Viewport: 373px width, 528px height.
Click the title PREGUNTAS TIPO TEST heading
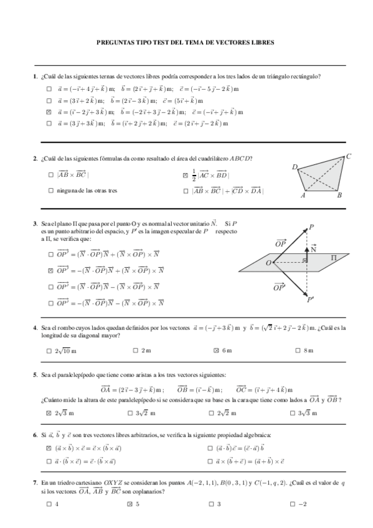click(186, 43)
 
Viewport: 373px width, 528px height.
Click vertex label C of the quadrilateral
click(349, 156)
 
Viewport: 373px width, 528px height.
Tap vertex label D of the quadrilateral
click(295, 166)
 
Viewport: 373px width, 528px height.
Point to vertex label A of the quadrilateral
click(303, 196)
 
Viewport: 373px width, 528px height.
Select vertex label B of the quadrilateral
click(339, 196)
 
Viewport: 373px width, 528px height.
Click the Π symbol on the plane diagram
click(333, 257)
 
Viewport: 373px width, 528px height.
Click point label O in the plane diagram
click(268, 264)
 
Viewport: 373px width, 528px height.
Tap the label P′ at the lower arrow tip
click(310, 300)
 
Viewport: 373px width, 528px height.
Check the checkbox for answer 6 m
click(216, 351)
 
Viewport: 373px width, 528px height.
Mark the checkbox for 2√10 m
click(49, 351)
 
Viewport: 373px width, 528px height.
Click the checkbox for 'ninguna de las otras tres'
click(50, 191)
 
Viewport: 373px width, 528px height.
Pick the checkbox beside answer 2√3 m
click(49, 413)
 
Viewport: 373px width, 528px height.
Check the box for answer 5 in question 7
click(130, 504)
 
